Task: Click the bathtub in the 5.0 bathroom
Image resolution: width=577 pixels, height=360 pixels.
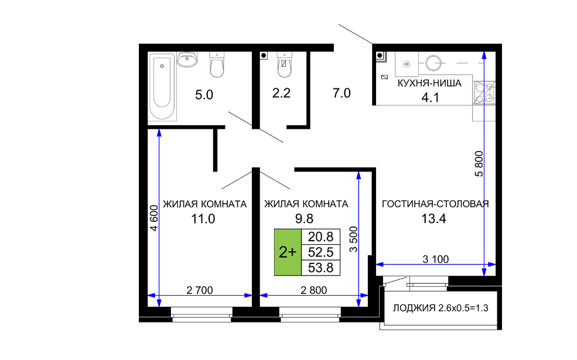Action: pyautogui.click(x=162, y=86)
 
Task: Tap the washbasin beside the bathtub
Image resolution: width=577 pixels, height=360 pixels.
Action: pyautogui.click(x=187, y=60)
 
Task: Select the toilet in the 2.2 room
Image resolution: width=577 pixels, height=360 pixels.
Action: pyautogui.click(x=284, y=65)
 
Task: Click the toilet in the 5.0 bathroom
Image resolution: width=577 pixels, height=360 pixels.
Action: pyautogui.click(x=217, y=65)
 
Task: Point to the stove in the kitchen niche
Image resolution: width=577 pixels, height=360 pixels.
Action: pyautogui.click(x=484, y=93)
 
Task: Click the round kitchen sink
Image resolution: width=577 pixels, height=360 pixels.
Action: pyautogui.click(x=433, y=63)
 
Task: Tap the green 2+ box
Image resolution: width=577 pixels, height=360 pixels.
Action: pyautogui.click(x=288, y=252)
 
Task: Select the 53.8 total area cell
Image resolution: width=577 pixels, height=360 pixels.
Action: pyautogui.click(x=320, y=268)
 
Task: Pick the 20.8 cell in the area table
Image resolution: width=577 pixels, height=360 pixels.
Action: pyautogui.click(x=320, y=237)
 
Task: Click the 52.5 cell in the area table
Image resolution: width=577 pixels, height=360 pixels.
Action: pyautogui.click(x=320, y=252)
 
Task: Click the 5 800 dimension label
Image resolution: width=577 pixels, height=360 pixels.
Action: pyautogui.click(x=479, y=164)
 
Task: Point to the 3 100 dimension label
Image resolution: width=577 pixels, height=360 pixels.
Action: pyautogui.click(x=436, y=259)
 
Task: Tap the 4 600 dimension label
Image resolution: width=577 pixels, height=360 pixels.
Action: pyautogui.click(x=154, y=218)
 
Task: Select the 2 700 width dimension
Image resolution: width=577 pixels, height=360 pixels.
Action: pyautogui.click(x=199, y=290)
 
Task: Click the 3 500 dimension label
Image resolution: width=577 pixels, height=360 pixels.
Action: pyautogui.click(x=353, y=239)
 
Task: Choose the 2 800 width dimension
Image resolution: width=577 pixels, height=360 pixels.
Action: pyautogui.click(x=313, y=290)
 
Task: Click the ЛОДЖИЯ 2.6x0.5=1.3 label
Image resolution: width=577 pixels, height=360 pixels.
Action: pyautogui.click(x=441, y=308)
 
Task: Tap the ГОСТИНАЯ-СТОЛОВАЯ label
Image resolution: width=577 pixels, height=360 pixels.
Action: pyautogui.click(x=435, y=204)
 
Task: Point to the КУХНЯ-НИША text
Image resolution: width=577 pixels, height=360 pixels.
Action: pyautogui.click(x=429, y=83)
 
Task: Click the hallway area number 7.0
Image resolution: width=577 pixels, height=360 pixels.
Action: pyautogui.click(x=342, y=93)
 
